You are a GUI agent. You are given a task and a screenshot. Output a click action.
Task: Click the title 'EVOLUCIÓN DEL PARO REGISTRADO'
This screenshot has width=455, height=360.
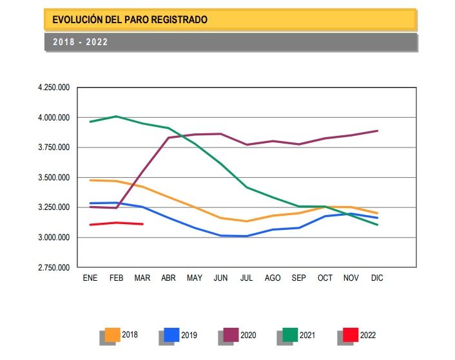130,20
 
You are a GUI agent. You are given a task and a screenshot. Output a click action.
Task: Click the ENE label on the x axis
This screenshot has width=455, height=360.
90,278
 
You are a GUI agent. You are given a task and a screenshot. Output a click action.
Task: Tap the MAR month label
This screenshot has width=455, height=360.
142,278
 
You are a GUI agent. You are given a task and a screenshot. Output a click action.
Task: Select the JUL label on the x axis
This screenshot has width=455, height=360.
246,278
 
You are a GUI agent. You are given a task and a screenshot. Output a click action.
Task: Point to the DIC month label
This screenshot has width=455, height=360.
377,278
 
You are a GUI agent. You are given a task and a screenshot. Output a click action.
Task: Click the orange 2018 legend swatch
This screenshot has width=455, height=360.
113,334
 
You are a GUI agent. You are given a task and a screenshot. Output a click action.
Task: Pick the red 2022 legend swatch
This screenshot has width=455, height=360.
351,334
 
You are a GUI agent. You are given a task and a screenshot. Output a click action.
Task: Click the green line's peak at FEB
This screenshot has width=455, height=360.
116,117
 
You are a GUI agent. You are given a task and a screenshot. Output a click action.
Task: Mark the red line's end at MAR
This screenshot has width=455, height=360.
142,224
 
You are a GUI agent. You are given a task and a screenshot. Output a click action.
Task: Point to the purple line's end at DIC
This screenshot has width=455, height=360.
377,131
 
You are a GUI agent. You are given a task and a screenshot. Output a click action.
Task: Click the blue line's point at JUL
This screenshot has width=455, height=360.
246,236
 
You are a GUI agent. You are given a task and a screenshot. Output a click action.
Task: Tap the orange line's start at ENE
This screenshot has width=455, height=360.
90,180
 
